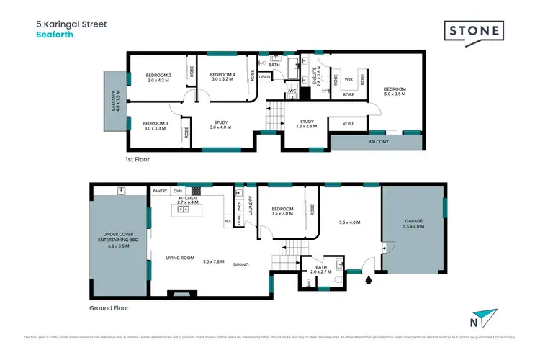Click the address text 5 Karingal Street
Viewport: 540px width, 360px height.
[71, 24]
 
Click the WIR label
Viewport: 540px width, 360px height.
[348, 79]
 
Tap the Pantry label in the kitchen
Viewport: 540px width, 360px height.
[160, 191]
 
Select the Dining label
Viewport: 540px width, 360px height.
[240, 264]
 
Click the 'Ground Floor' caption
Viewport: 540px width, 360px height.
[115, 307]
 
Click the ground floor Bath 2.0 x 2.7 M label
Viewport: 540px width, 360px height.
[323, 271]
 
